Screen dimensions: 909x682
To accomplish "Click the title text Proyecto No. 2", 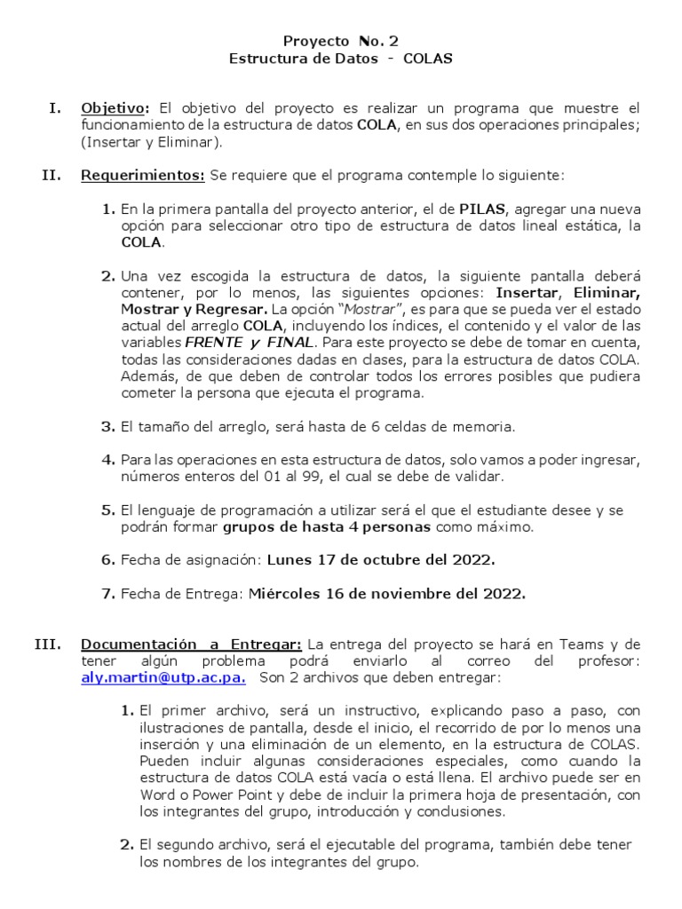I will point(341,41).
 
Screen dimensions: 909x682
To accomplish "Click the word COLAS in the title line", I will point(427,59).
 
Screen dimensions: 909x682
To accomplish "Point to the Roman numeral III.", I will point(47,644).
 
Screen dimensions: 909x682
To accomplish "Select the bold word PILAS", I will point(481,209).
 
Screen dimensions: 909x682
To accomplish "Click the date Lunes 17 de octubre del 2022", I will point(380,560).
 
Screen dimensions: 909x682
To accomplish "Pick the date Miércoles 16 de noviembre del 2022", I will point(386,594).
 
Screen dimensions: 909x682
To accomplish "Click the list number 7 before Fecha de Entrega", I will point(107,594).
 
